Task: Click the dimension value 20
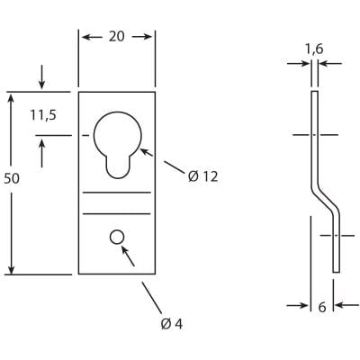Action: tap(117, 38)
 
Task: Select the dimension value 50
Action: tap(12, 179)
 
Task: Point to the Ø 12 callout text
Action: tap(203, 176)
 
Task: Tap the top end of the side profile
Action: tap(314, 93)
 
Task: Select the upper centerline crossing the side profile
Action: tap(315, 134)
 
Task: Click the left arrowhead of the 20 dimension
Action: tap(85, 38)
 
